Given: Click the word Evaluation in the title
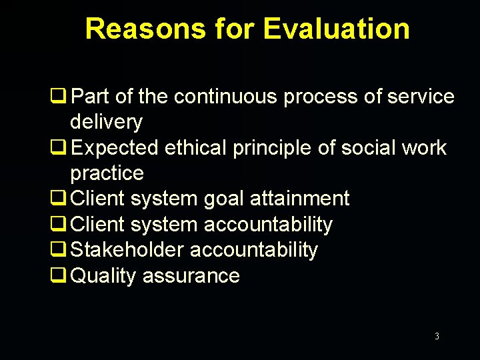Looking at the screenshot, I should coord(336,29).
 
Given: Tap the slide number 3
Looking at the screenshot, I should coord(437,336).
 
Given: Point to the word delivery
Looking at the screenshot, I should coord(106,123).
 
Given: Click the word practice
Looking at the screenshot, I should coord(107,173).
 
